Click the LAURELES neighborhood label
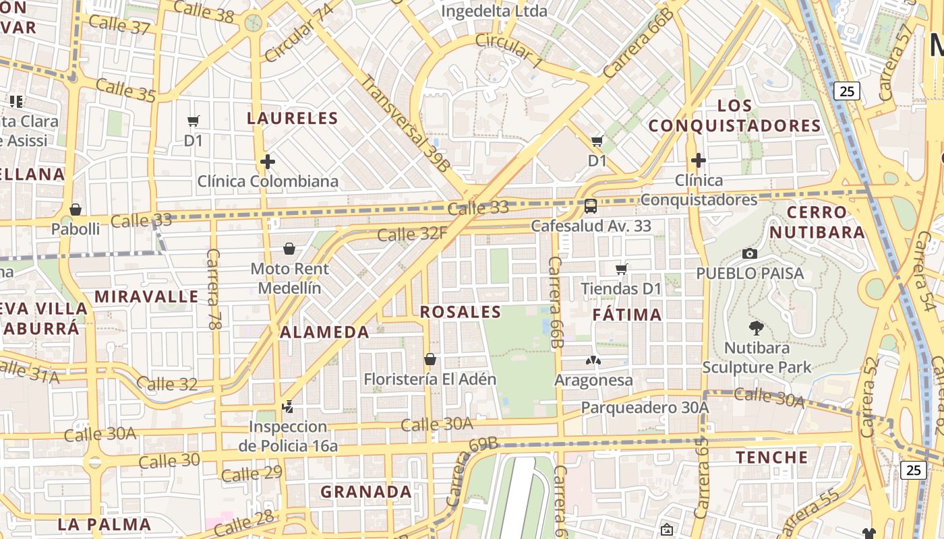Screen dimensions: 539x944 [292, 119]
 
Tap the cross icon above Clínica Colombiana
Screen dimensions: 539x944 [268, 162]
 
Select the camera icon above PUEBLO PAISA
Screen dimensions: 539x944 [749, 254]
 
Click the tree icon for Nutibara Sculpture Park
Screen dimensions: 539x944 [756, 328]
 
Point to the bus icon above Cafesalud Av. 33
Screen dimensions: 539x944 [590, 206]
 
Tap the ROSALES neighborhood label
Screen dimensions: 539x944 [461, 312]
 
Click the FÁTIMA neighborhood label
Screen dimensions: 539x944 [627, 315]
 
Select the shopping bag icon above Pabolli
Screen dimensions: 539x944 [76, 210]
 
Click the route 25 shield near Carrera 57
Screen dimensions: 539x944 [847, 91]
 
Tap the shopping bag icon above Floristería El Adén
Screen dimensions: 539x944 [430, 359]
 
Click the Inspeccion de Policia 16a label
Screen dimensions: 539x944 [288, 436]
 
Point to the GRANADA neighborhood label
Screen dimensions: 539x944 [365, 492]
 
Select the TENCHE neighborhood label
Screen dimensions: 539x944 [771, 457]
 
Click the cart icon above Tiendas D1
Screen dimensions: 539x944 [621, 269]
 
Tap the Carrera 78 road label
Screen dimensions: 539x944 [214, 289]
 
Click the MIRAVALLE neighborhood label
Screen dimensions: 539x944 [146, 296]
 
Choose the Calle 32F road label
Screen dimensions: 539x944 [411, 234]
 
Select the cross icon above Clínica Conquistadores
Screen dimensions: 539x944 [698, 160]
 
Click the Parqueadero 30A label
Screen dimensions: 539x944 [645, 408]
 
